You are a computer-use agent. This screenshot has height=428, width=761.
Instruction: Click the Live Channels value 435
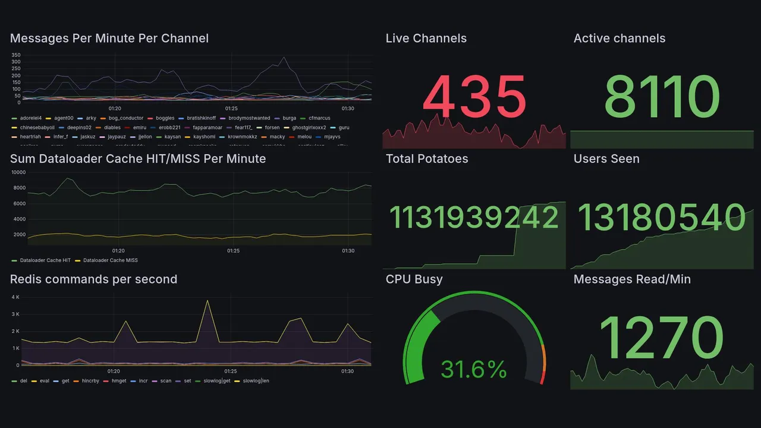(x=474, y=97)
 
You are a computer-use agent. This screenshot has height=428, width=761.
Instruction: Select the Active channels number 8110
(x=662, y=97)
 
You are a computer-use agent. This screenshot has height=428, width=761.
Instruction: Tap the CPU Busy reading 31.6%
(x=474, y=370)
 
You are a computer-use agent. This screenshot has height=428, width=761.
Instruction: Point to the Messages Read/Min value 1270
(x=661, y=338)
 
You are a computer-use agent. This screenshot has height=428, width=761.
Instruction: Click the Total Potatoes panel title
(x=427, y=159)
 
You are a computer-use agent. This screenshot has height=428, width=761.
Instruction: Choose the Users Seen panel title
(x=606, y=159)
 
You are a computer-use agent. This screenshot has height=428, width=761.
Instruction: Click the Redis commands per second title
(x=94, y=279)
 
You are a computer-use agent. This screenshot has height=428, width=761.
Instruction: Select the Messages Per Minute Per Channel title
(x=109, y=39)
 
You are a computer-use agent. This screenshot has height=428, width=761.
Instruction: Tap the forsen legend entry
(x=272, y=128)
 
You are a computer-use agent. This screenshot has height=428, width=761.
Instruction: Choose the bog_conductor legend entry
(x=125, y=118)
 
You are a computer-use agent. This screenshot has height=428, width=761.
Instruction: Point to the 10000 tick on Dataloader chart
(x=18, y=172)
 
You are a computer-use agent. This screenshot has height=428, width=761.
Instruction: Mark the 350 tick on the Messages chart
(x=16, y=55)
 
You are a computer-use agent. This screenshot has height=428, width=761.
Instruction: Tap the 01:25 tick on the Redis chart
(x=229, y=372)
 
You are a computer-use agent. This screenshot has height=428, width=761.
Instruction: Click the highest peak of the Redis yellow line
(x=207, y=300)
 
